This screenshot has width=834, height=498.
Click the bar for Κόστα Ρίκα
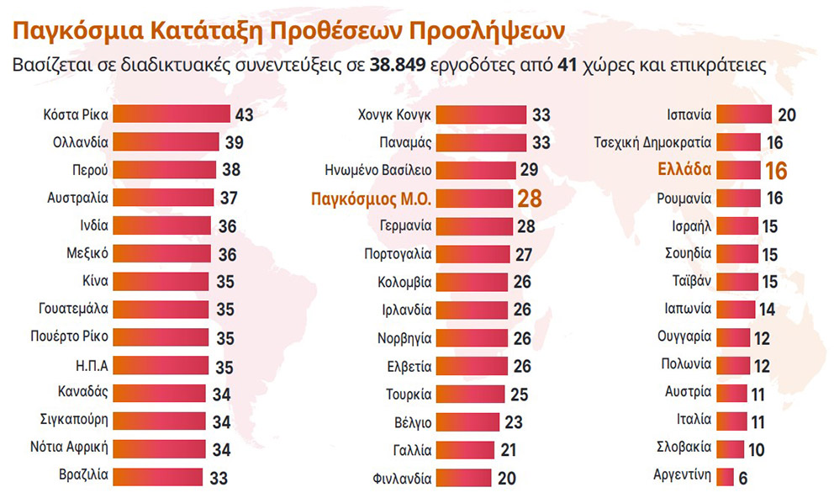pos(171,114)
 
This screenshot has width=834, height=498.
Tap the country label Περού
pos(90,170)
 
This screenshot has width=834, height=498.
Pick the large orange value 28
pos(528,199)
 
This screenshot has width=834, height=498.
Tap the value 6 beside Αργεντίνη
pos(744,477)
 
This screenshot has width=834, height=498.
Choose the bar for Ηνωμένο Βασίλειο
pos(476,170)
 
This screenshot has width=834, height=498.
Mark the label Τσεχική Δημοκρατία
pos(652,142)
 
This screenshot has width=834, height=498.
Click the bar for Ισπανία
pos(745,114)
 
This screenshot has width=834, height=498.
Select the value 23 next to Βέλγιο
pos(514,421)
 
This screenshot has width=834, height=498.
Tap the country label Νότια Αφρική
pos(72,447)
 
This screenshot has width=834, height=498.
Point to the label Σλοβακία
pos(684,448)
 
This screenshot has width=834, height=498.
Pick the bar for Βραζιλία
pos(157,475)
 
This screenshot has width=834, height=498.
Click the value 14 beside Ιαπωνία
pos(766,310)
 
